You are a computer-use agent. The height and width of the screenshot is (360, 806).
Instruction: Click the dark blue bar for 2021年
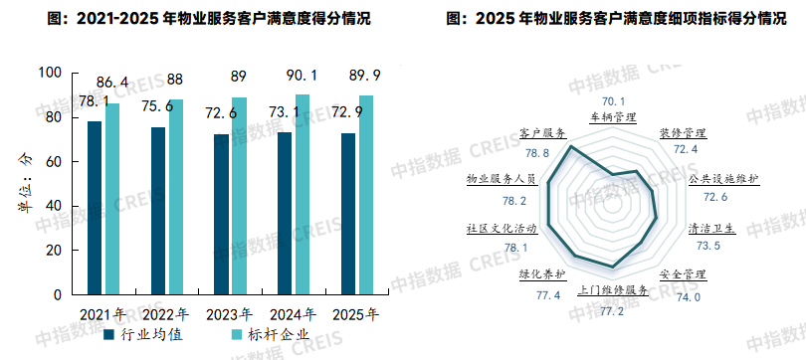pos(95,208)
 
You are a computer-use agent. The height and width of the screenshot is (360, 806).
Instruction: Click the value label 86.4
pos(110,82)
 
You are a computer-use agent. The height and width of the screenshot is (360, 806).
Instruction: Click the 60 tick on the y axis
pos(54,161)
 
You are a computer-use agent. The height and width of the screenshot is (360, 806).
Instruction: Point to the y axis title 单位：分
pos(23,185)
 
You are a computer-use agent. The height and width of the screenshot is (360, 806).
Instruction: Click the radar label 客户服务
pos(542,132)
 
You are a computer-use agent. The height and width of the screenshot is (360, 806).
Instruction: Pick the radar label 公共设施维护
pos(723,179)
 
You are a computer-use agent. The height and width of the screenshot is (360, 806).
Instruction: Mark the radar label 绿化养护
pos(542,273)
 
